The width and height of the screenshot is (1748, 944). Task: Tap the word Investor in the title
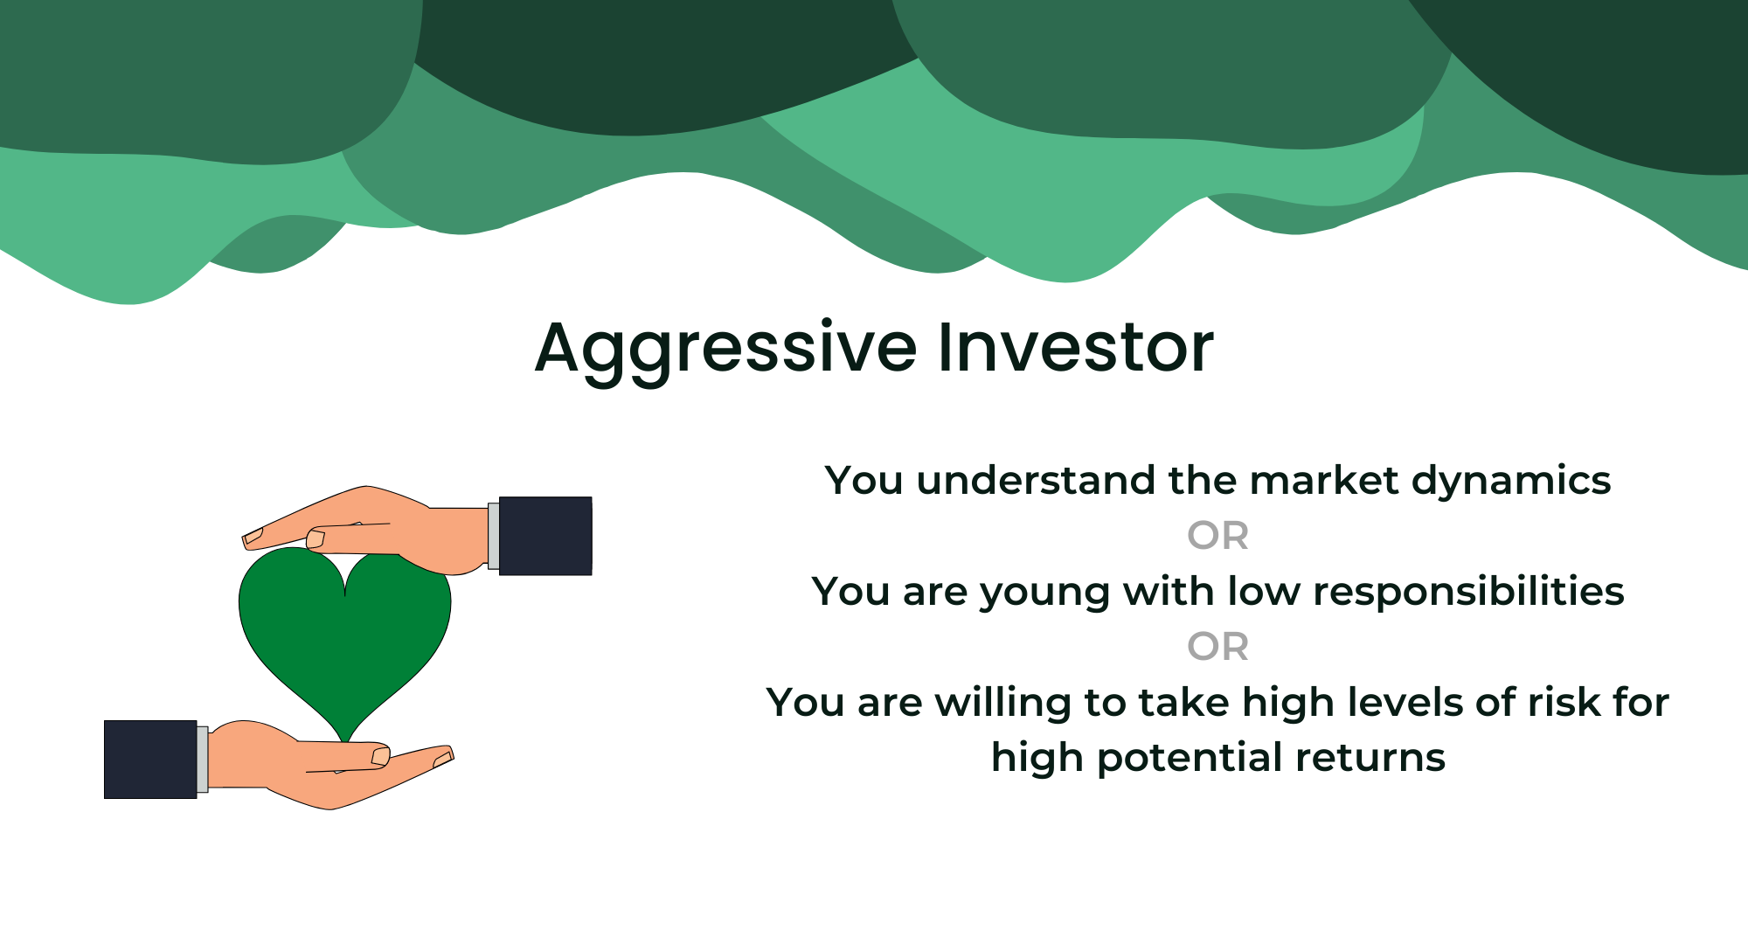1076,347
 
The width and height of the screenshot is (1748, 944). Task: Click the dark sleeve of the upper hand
545,536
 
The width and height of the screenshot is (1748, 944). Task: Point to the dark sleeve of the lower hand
150,760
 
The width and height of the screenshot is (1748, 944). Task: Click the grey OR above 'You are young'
1217,536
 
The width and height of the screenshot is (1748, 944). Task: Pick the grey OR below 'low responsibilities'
1217,647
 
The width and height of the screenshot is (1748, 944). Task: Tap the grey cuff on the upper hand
494,536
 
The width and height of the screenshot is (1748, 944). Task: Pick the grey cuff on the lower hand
203,760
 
